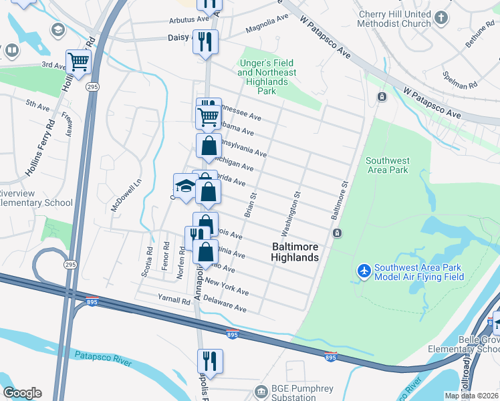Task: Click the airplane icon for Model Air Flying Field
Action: pos(364,271)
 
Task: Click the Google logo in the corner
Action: pos(21,393)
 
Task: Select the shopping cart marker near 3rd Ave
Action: pos(79,63)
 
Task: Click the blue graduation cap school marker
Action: pos(185,185)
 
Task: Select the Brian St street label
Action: pos(251,205)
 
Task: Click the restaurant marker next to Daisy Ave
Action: pos(205,41)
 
